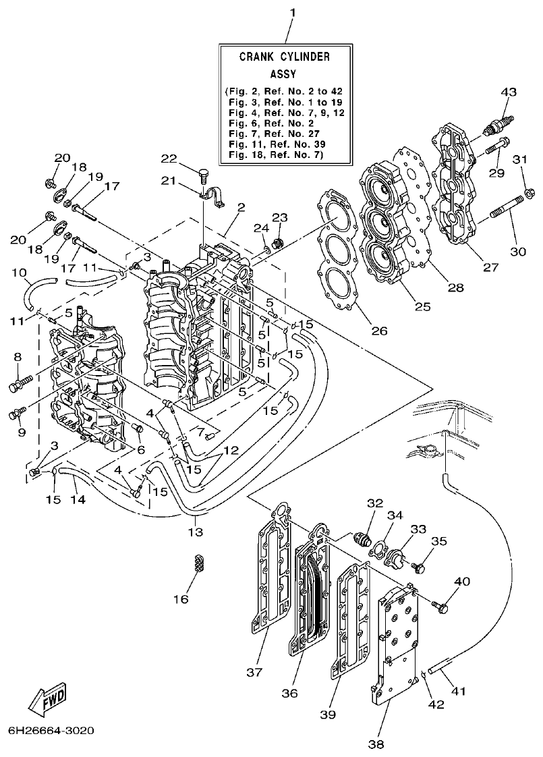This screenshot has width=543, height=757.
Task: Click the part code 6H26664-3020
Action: (51, 731)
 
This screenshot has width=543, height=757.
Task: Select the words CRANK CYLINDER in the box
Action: (285, 57)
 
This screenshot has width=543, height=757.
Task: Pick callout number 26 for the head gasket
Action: (379, 331)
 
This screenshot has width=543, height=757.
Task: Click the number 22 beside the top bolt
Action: (169, 158)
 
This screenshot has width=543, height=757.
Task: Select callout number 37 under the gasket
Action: (254, 672)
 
